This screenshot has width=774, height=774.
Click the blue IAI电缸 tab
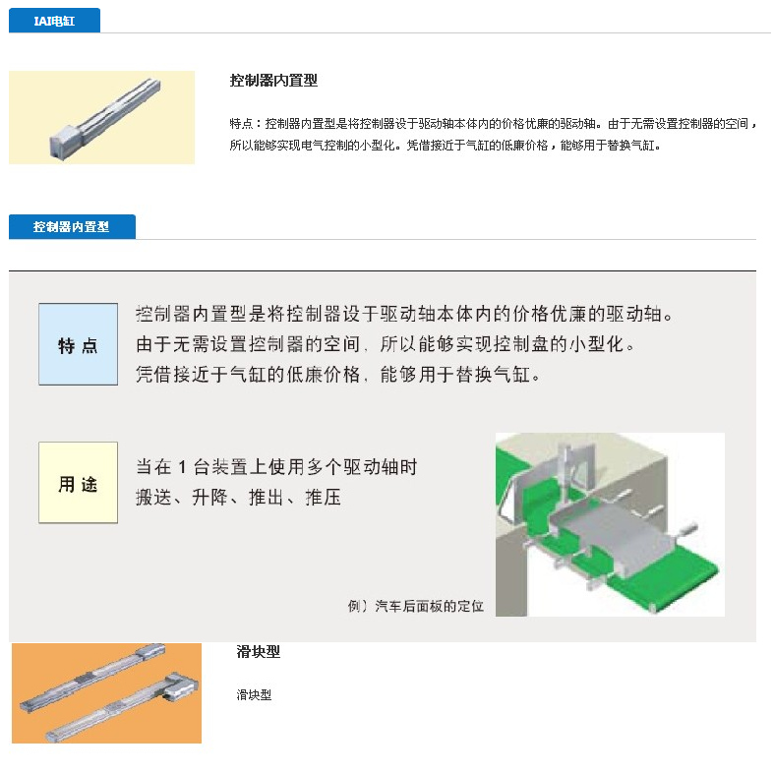[x=54, y=21]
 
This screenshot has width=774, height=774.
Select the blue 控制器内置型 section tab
[x=72, y=226]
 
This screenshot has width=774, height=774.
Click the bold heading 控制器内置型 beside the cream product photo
[x=273, y=80]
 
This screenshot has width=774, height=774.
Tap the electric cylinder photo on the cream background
[x=101, y=117]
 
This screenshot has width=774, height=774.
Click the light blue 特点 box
[x=78, y=344]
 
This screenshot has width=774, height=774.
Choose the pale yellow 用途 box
[x=78, y=482]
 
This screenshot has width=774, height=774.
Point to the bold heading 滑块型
[x=259, y=652]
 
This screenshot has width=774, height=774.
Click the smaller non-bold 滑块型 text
[x=254, y=695]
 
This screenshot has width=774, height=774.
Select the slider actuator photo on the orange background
[x=106, y=693]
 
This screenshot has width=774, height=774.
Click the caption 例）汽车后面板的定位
[x=416, y=606]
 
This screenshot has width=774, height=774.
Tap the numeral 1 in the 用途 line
[x=182, y=467]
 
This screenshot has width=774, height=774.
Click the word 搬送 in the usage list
[x=153, y=497]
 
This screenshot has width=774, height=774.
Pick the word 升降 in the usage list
[x=209, y=497]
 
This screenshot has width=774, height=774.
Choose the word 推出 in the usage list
[x=267, y=497]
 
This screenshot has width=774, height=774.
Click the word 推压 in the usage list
[x=324, y=497]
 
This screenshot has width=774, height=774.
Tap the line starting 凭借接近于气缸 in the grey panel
[x=338, y=375]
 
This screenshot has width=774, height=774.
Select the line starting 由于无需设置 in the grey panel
[x=385, y=344]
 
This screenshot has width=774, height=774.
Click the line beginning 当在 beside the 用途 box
[x=276, y=467]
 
